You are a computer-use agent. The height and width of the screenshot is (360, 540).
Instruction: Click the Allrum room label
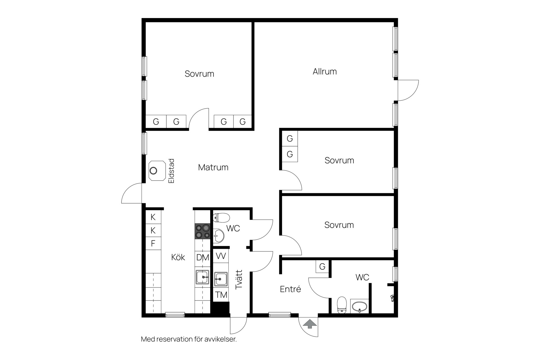[325, 71]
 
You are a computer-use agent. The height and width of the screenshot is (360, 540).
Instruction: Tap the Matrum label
[213, 167]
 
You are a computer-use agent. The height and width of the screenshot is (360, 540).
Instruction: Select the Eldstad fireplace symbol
[157, 171]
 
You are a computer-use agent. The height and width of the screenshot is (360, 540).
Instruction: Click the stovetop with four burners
[202, 231]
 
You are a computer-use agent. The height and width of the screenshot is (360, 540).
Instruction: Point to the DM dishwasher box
[202, 257]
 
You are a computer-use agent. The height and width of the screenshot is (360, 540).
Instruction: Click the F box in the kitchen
[153, 243]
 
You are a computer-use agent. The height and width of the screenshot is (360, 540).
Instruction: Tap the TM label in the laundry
[221, 295]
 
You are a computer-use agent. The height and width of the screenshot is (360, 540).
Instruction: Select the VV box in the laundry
[221, 256]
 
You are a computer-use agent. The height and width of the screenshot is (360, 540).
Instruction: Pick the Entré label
[291, 289]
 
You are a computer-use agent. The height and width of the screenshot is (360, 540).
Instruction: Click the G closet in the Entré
[322, 266]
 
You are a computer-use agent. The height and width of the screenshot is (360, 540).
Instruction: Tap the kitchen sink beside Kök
[202, 277]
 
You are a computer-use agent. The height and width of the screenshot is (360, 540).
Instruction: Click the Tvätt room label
[239, 280]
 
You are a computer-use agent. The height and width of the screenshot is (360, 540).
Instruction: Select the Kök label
[178, 257]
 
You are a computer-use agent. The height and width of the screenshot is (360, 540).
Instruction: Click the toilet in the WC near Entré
[342, 305]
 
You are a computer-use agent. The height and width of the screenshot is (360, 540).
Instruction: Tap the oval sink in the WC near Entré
[359, 307]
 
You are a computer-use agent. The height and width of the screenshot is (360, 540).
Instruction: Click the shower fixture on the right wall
[393, 298]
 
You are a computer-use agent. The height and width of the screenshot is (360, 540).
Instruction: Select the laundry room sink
[221, 279]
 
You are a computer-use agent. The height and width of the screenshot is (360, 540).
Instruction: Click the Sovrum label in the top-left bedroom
[199, 74]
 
